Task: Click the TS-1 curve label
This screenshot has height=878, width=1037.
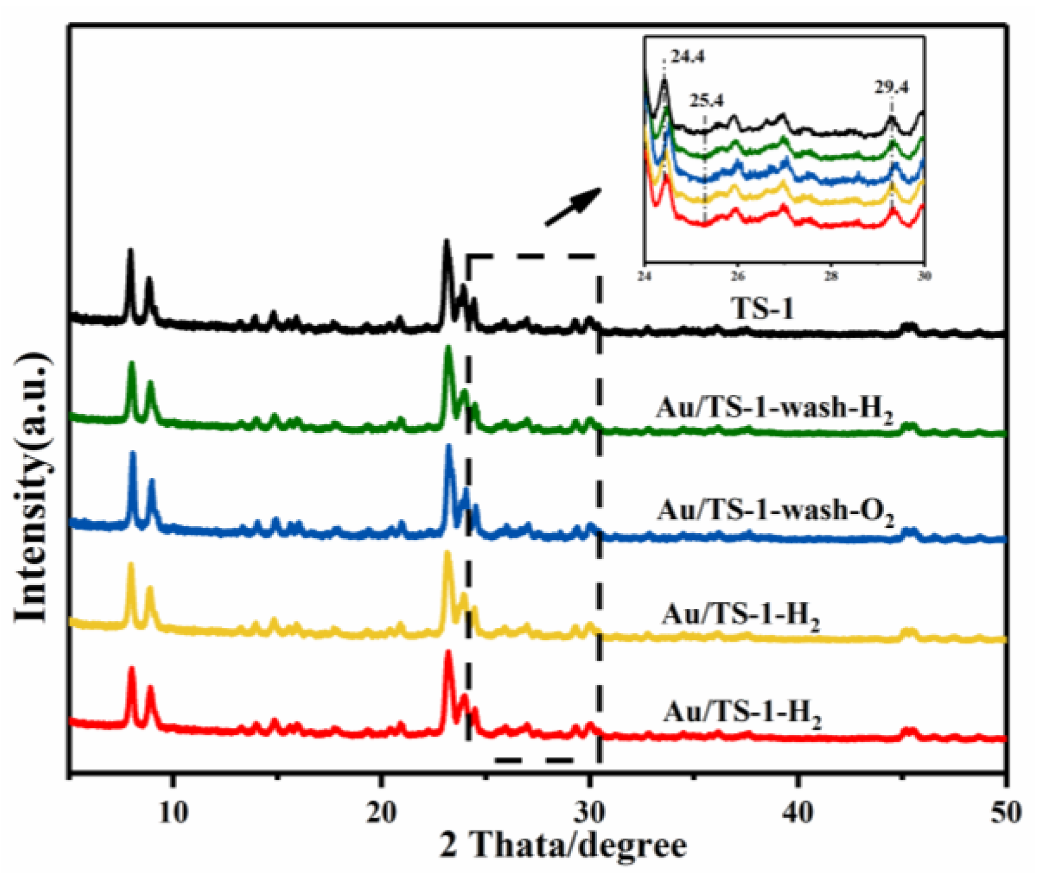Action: pyautogui.click(x=763, y=309)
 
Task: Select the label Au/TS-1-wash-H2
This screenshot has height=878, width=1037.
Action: pyautogui.click(x=774, y=409)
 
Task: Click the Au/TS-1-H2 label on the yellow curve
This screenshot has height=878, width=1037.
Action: pyautogui.click(x=741, y=615)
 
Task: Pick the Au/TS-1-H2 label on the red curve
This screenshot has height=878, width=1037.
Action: pyautogui.click(x=742, y=713)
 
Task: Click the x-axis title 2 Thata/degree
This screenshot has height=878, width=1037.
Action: pyautogui.click(x=563, y=846)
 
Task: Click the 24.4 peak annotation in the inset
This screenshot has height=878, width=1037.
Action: pyautogui.click(x=688, y=57)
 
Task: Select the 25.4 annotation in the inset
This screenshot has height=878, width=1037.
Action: pyautogui.click(x=707, y=101)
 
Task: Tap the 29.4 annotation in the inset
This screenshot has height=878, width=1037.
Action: pyautogui.click(x=891, y=87)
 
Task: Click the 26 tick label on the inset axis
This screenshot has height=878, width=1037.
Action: pyautogui.click(x=738, y=276)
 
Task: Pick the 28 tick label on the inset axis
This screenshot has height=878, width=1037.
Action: pyautogui.click(x=831, y=276)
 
